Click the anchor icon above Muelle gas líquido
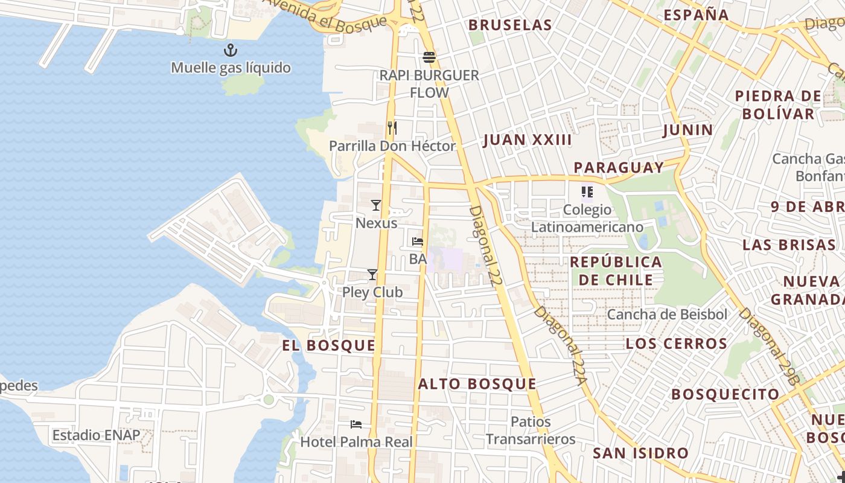coord(231,50)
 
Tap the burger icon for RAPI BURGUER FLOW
coord(429,58)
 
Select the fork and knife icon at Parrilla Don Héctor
coord(392,128)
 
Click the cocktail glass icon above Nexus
coord(376,205)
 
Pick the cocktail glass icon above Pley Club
coord(372,275)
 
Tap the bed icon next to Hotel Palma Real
coord(356,424)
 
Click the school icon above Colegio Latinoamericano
coord(587,193)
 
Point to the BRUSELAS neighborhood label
coord(510,25)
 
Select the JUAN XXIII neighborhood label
coord(527,140)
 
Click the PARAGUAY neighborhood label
coord(619,167)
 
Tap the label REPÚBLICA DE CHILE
coord(616,271)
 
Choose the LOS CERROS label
coord(676,344)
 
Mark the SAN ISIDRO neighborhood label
coord(640,453)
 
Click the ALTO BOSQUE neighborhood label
coord(477,384)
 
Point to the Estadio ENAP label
coord(96,435)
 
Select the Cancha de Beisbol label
coord(667,315)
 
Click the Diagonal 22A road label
coord(560,345)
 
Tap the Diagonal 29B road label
coord(770,346)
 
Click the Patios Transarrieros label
coord(531,430)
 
